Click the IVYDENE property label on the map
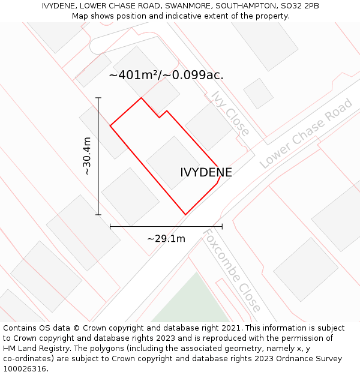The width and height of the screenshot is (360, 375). pos(206,173)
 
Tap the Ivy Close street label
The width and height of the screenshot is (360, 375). pos(230,114)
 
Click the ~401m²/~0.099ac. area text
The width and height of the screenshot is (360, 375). pos(166,75)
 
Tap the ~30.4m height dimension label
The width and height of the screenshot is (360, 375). pos(87,156)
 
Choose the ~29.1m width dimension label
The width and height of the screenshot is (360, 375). pos(166,238)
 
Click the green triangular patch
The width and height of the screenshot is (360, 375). pos(193,304)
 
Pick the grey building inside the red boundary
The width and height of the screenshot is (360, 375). pos(173,162)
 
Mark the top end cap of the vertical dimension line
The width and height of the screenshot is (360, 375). pos(98,98)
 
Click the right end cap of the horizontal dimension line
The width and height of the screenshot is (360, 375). pos(222,226)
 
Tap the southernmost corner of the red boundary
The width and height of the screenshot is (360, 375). pos(185,214)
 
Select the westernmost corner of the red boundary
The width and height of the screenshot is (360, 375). pos(110,126)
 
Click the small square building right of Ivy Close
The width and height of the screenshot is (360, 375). pos(258,94)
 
